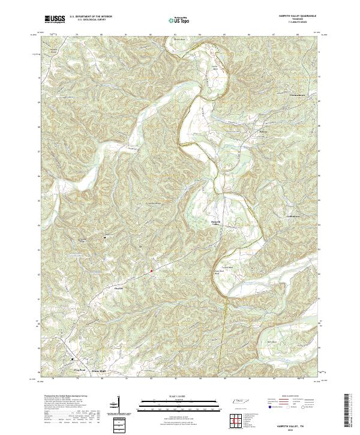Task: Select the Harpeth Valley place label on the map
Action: [x=217, y=223]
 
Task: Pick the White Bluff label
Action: [x=98, y=371]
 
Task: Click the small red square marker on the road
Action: [x=151, y=271]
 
